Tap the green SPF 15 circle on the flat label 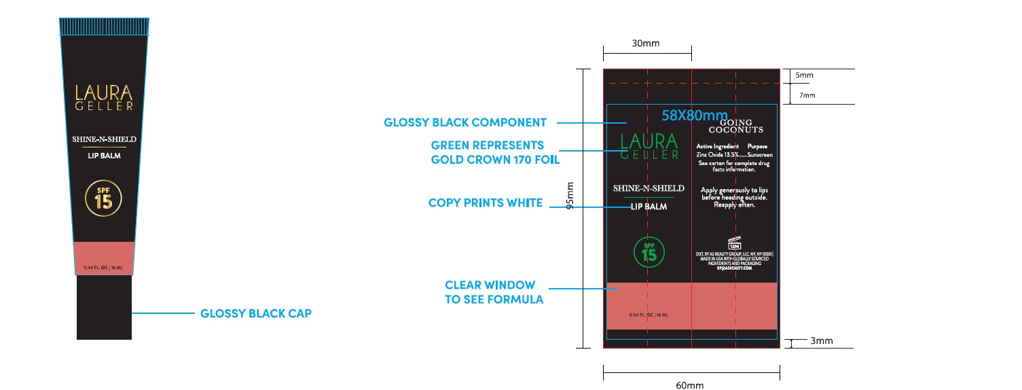(x=649, y=251)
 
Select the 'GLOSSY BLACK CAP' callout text (x=256, y=314)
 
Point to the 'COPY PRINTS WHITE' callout (x=485, y=203)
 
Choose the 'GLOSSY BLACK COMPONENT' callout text (x=465, y=123)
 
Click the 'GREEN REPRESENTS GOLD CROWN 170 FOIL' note (x=495, y=153)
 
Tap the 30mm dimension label (x=646, y=43)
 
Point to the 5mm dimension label (x=805, y=75)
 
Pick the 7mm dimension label (x=807, y=96)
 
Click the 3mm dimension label (x=822, y=341)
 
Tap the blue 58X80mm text (x=695, y=115)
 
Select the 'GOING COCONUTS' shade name (x=735, y=125)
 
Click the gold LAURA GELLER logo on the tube (x=104, y=97)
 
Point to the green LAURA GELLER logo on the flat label (x=649, y=146)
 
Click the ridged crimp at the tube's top (x=104, y=26)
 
